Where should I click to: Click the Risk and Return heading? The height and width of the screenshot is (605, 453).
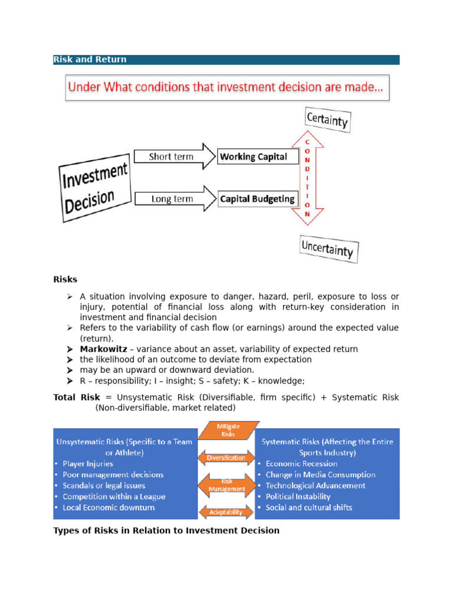(90, 60)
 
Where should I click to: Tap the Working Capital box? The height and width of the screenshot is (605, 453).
(254, 157)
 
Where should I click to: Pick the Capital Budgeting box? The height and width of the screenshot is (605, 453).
(257, 199)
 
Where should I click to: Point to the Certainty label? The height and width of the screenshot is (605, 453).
(327, 120)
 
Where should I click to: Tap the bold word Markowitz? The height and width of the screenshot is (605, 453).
(103, 349)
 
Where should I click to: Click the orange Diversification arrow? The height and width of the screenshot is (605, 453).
(226, 458)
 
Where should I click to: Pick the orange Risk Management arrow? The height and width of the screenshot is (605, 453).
(226, 485)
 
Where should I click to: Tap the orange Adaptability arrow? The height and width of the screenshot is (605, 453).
(226, 512)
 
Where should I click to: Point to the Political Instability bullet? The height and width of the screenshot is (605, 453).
(298, 496)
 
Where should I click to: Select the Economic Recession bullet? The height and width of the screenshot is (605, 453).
(301, 464)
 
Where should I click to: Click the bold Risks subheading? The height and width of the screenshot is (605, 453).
(65, 279)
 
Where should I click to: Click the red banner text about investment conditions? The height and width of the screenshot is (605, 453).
(226, 88)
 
